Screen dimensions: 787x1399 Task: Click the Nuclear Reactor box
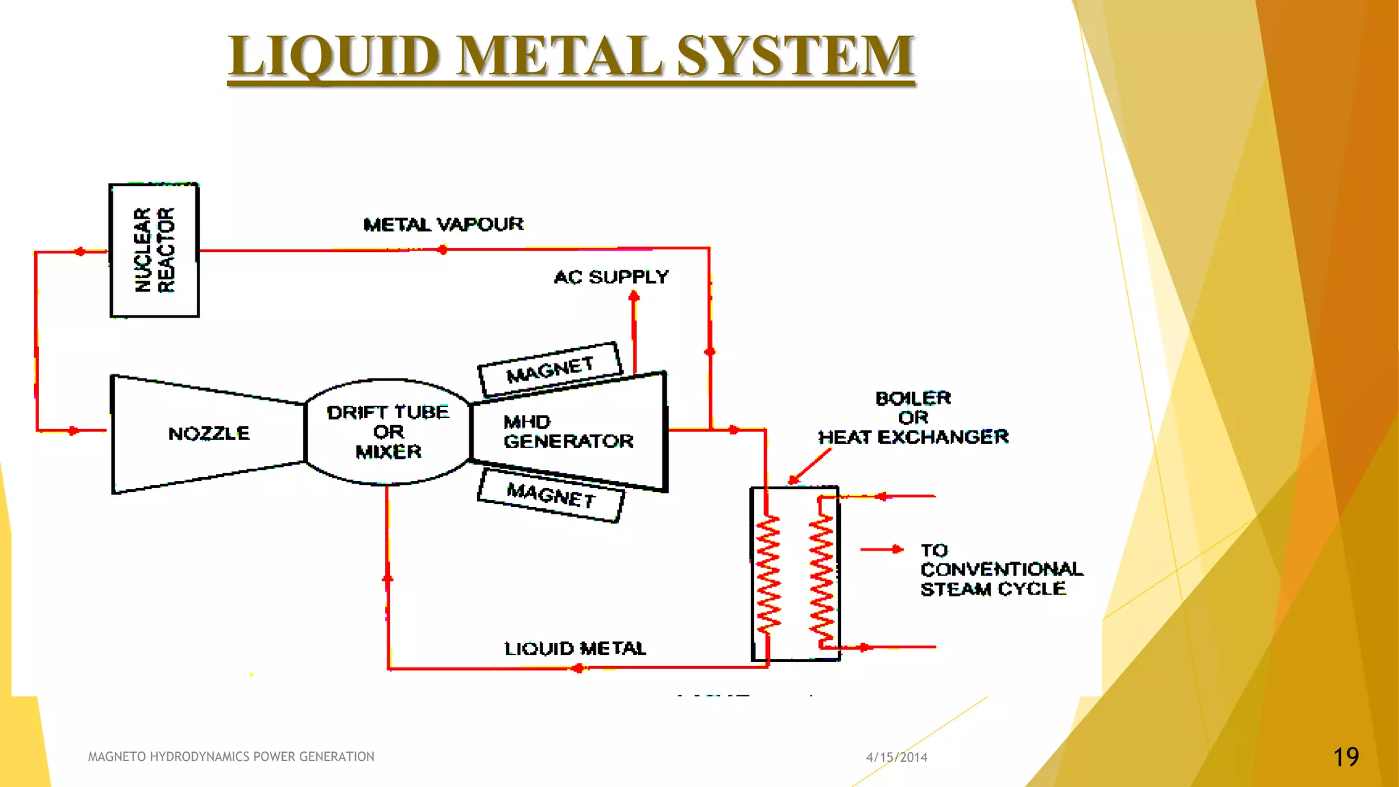pos(154,250)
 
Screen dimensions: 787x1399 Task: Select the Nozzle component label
pos(209,433)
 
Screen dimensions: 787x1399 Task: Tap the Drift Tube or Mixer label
pos(388,432)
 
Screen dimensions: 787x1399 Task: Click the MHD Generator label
pos(568,432)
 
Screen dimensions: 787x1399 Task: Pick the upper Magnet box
pos(550,369)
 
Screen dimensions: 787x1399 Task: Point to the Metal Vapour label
pos(443,225)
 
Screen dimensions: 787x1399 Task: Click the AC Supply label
pos(611,277)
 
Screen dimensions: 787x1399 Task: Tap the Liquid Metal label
pos(574,648)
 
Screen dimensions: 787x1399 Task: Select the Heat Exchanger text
pos(913,437)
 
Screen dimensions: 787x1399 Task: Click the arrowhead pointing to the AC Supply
pos(634,296)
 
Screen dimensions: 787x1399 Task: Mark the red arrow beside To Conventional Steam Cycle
pos(883,549)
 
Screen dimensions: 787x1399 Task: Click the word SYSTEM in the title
pos(795,56)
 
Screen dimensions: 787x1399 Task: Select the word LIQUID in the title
pos(334,56)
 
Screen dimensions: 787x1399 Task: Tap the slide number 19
pos(1346,757)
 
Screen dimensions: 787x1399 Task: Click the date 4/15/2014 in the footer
pos(896,757)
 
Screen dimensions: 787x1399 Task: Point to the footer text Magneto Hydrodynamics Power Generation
pos(231,757)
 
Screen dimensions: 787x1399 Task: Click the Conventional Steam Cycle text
pos(1001,579)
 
